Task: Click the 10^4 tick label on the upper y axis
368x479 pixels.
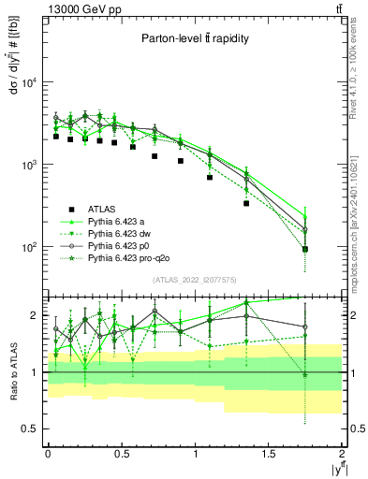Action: click(x=25, y=82)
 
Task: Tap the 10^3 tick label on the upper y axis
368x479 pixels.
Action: click(x=25, y=165)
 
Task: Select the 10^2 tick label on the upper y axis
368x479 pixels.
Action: click(x=25, y=248)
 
